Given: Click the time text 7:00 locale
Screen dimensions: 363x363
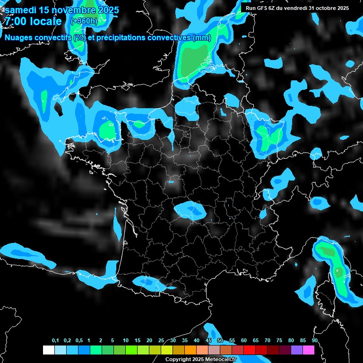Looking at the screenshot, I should click(33, 22).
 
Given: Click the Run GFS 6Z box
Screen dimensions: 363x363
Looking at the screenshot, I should click(297, 8).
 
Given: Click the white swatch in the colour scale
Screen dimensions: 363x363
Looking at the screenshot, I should click(48, 350).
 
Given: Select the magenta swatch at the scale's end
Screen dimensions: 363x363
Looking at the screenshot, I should click(308, 350).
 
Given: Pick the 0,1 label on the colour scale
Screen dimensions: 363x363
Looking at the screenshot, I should click(55, 340).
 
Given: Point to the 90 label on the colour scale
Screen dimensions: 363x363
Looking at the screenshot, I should click(314, 340).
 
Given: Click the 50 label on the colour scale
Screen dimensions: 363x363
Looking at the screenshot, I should click(220, 340).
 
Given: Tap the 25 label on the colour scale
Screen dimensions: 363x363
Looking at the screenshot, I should click(161, 340).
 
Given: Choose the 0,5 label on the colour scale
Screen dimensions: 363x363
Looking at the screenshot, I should click(79, 340).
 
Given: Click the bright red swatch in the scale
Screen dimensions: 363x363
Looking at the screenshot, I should click(249, 350).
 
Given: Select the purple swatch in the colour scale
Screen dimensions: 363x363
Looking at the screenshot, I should click(296, 350).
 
